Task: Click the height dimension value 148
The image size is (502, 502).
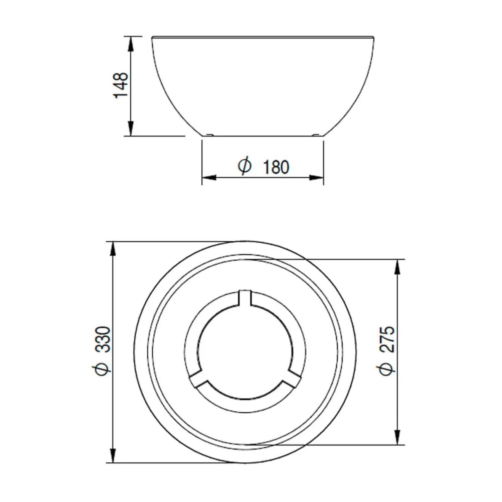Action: tap(121, 85)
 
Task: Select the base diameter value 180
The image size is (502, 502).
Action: tap(276, 167)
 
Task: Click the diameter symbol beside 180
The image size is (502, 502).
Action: tap(245, 166)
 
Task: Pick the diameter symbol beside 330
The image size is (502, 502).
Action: tap(102, 369)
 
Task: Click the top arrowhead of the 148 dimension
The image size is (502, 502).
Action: tap(131, 44)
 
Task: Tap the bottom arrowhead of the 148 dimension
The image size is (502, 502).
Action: tap(131, 129)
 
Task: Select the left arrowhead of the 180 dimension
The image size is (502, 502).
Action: tap(209, 177)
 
